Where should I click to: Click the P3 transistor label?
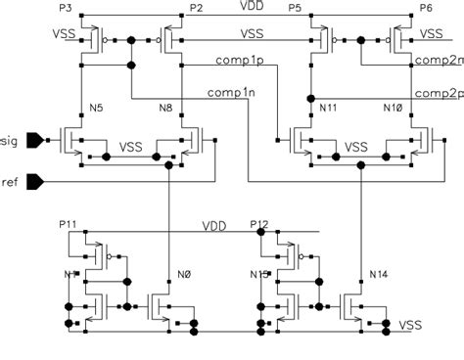click(x=65, y=7)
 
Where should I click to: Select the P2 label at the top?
click(x=196, y=8)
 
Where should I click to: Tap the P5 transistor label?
click(x=295, y=8)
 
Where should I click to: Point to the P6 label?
click(x=425, y=8)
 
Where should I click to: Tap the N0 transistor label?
click(x=183, y=273)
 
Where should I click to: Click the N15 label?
click(x=259, y=273)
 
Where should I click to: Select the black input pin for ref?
click(x=34, y=180)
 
